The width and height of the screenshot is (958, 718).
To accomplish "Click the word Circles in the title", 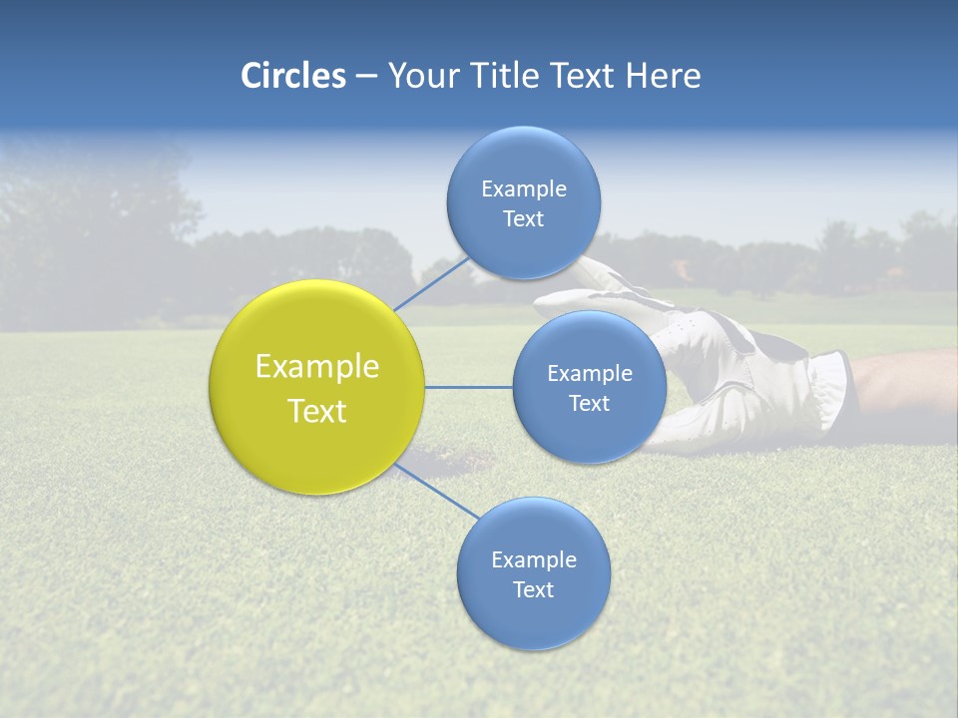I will point(292,76).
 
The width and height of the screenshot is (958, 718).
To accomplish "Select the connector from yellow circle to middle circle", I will point(469,387).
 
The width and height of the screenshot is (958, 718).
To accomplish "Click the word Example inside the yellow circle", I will point(317,367).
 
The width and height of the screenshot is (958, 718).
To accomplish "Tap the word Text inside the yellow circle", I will point(317,411).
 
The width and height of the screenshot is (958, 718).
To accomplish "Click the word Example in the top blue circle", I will point(524,188).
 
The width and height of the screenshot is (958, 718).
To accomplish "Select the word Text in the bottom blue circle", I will point(533,589).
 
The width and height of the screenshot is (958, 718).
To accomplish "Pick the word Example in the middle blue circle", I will point(590,374).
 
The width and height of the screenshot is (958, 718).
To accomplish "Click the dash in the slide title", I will point(366,77).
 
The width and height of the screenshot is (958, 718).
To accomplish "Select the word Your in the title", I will point(420,76).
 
